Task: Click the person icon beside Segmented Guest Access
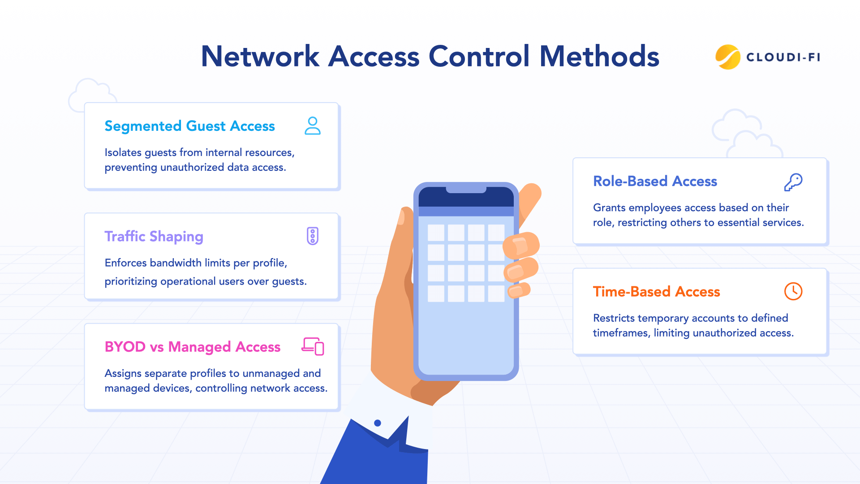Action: coord(313,126)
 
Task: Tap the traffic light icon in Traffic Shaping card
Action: coord(313,236)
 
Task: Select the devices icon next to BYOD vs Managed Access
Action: coord(313,346)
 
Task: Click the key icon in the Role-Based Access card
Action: coord(793,182)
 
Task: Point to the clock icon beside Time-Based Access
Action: coord(793,291)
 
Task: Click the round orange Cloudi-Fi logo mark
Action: coord(727,57)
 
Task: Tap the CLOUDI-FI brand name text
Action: coord(783,57)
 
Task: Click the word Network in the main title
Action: coord(260,57)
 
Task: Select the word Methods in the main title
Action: coord(599,57)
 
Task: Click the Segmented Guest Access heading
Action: coord(189,126)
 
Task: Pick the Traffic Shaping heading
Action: coord(154,237)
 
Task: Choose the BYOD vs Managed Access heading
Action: coord(192,347)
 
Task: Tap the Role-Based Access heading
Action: coord(655,181)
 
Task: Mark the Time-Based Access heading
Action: coord(656,292)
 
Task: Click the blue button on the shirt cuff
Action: coord(378,423)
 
